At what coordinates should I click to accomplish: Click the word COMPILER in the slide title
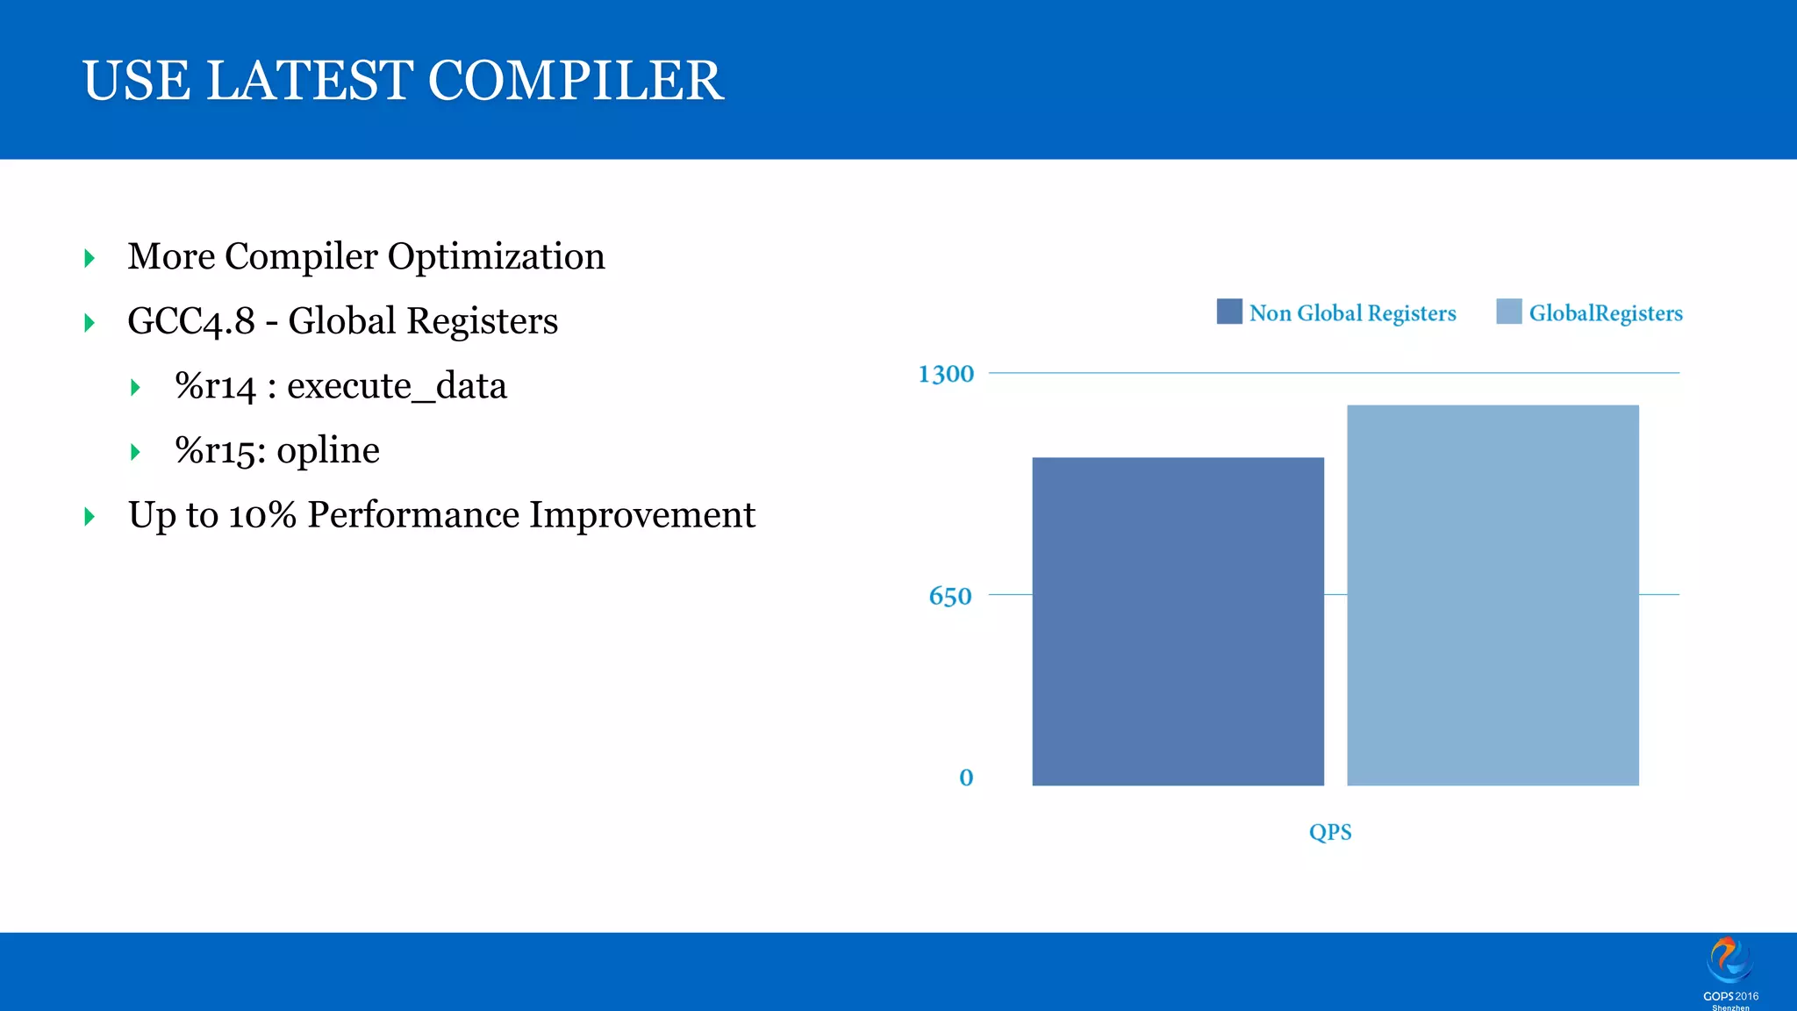tap(576, 81)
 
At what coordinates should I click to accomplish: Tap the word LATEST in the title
tap(309, 81)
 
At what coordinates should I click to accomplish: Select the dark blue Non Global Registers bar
tap(1178, 621)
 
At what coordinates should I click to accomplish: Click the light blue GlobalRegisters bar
tap(1493, 595)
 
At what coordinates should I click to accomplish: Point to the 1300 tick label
tap(946, 374)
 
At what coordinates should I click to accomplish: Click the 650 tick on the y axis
tap(950, 597)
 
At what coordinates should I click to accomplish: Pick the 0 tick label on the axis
tap(966, 778)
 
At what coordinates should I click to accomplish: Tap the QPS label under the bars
tap(1330, 832)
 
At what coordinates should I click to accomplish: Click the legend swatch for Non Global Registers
tap(1229, 312)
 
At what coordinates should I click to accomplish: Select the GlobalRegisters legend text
tap(1606, 313)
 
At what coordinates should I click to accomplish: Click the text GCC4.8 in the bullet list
tap(191, 321)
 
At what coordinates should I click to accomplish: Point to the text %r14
tap(215, 386)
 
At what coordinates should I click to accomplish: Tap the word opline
tap(328, 451)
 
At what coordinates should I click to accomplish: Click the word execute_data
tap(397, 386)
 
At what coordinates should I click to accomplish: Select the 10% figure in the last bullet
tap(262, 515)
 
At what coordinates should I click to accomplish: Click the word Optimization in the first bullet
tap(496, 256)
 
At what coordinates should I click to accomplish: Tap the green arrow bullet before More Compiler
tap(89, 258)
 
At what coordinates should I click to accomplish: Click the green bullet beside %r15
tap(135, 452)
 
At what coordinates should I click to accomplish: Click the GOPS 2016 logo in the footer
tap(1729, 970)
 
